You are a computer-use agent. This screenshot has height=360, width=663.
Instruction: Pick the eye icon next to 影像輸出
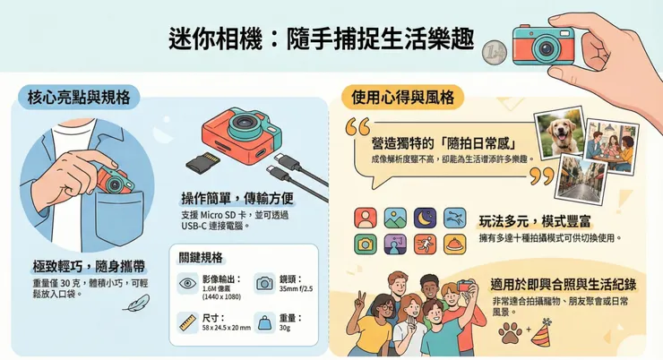click(189, 282)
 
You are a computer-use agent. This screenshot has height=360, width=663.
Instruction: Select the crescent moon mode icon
click(426, 217)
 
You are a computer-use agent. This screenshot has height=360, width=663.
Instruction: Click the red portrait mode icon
click(365, 217)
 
